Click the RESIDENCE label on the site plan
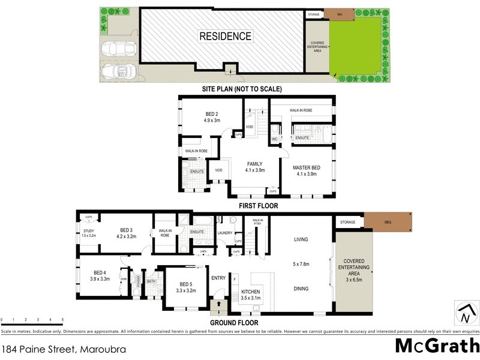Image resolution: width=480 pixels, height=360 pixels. [225, 36]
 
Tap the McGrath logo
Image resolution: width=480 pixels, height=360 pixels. [437, 346]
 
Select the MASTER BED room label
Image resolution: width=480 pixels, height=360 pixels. [306, 167]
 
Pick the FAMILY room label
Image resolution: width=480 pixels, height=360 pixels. [255, 164]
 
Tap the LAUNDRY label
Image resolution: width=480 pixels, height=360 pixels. [225, 233]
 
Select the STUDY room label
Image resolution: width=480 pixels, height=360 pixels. [88, 232]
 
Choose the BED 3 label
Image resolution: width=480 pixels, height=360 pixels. [126, 230]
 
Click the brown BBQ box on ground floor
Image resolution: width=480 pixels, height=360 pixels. [388, 222]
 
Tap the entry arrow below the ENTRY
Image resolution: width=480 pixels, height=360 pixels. [218, 305]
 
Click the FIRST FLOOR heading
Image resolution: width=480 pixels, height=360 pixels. [254, 205]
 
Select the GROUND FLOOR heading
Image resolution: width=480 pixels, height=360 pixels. [235, 322]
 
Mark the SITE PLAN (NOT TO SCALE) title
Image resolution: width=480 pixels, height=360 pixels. [242, 89]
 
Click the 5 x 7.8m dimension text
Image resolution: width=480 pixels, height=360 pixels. [301, 263]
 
